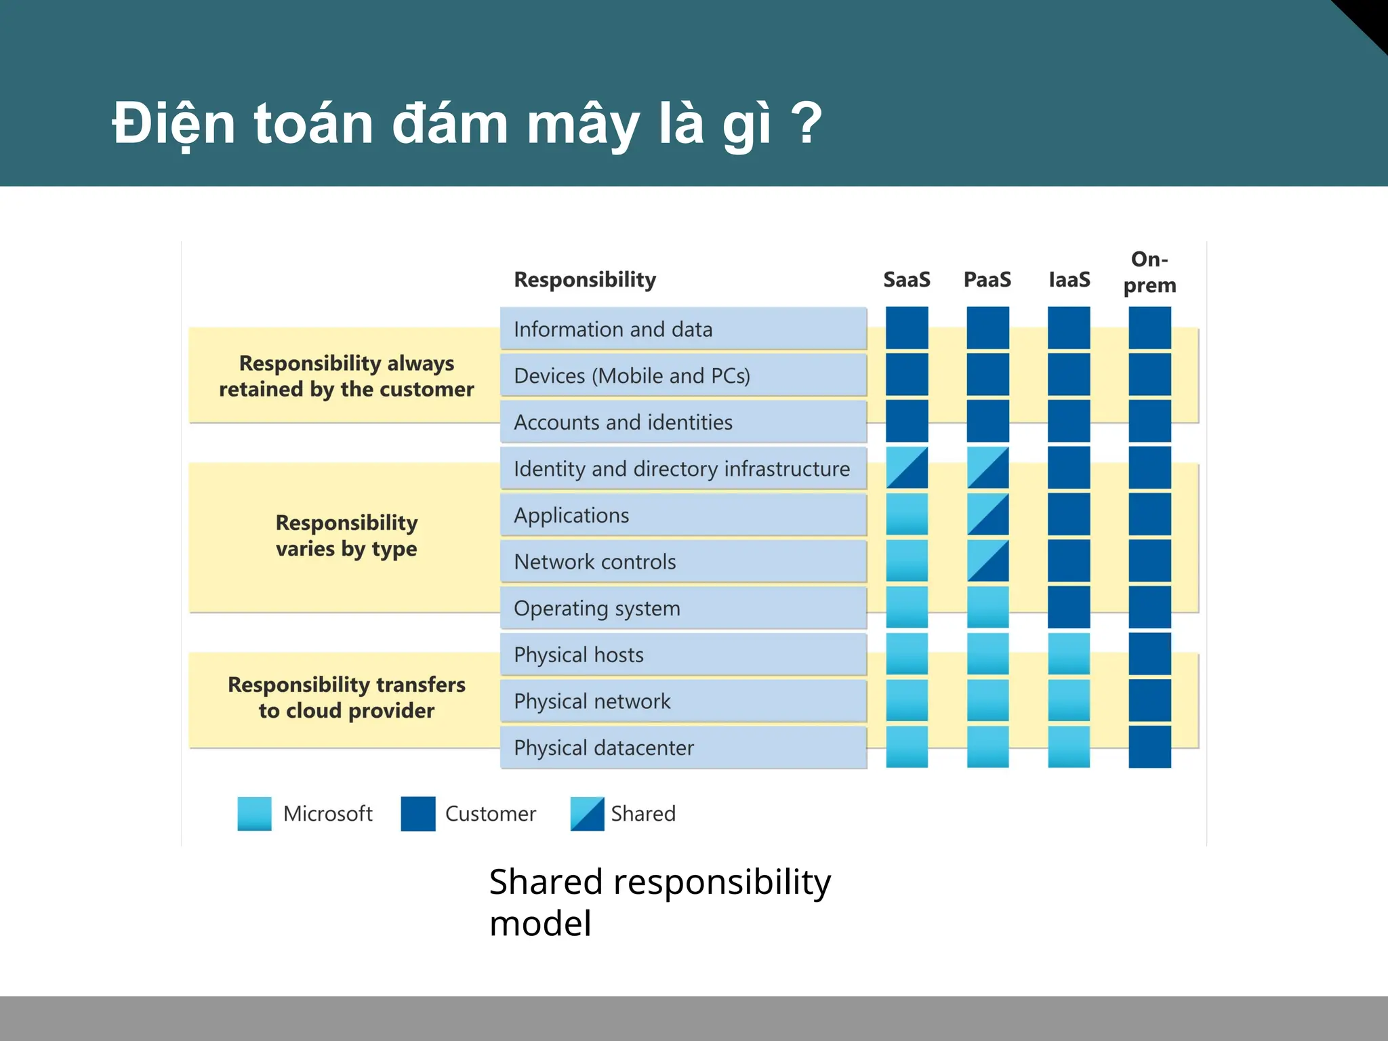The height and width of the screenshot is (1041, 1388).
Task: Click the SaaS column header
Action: pos(906,279)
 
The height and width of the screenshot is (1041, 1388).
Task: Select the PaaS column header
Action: pos(987,279)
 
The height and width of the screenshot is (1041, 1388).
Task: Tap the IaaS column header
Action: pos(1069,279)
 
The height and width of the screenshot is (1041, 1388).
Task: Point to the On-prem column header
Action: pos(1149,272)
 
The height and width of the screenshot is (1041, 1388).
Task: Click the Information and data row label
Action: pos(613,329)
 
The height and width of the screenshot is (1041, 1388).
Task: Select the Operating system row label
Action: pos(596,608)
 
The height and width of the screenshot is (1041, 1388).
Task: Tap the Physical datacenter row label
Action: pos(603,748)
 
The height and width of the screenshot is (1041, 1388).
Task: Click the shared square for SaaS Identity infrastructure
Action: pos(907,468)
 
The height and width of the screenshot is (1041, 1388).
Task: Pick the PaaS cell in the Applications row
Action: pos(987,514)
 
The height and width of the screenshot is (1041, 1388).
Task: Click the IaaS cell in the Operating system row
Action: pos(1069,607)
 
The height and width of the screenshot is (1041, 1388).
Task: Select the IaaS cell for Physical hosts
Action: pos(1069,654)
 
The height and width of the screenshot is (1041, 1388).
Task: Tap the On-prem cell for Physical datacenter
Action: pos(1149,747)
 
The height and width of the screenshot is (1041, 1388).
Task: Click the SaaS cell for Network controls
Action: pos(907,561)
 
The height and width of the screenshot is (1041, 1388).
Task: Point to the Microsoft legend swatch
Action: pos(254,813)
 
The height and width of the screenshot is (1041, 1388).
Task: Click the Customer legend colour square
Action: pos(417,813)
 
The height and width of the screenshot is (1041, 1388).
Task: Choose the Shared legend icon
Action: pos(587,813)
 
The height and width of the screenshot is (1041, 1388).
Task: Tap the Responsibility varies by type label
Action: pos(346,535)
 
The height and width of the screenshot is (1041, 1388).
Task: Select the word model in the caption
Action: pos(540,924)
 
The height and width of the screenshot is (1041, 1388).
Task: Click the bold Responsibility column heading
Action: pos(585,279)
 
